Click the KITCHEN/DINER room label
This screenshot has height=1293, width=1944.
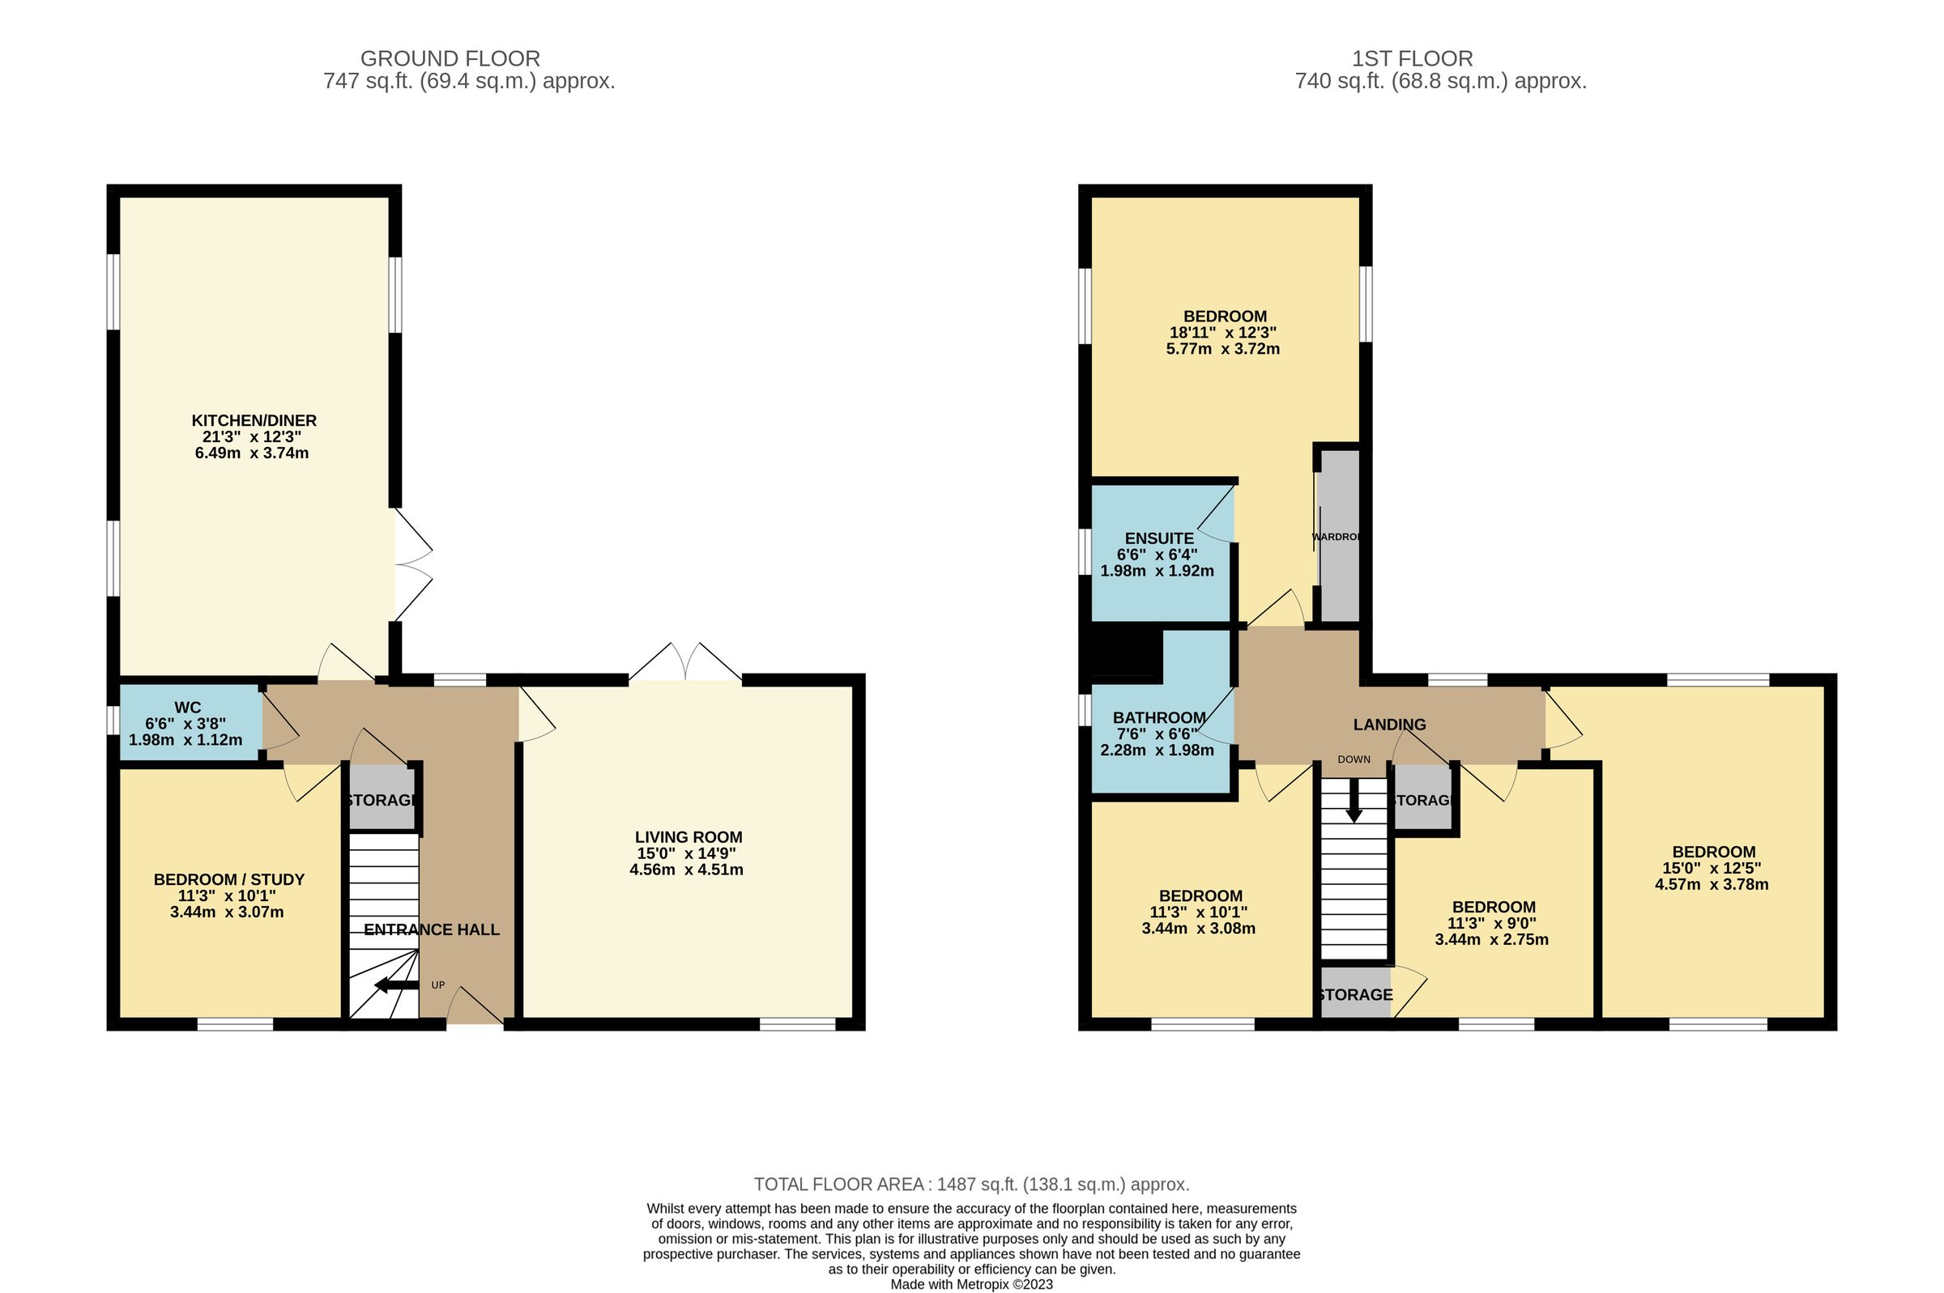tap(254, 420)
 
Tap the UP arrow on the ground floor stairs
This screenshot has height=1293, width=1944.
tap(397, 985)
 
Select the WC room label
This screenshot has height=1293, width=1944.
tap(187, 708)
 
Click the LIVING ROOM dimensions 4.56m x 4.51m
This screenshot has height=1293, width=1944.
tap(686, 869)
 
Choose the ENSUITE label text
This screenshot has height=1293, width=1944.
tap(1159, 538)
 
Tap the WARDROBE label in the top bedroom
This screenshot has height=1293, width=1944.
tap(1336, 537)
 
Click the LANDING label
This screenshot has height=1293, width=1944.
tap(1389, 724)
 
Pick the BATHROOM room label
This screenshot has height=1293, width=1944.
tap(1159, 717)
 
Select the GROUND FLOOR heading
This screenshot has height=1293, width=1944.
tap(450, 58)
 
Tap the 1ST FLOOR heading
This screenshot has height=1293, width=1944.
tap(1412, 58)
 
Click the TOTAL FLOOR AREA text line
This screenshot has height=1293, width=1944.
tap(970, 1185)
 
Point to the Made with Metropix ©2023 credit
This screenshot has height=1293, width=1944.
tap(970, 1284)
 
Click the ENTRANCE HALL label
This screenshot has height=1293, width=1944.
tap(432, 929)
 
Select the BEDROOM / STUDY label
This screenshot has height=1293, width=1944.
tap(229, 880)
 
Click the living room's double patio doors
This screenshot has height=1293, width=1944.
tap(685, 663)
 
